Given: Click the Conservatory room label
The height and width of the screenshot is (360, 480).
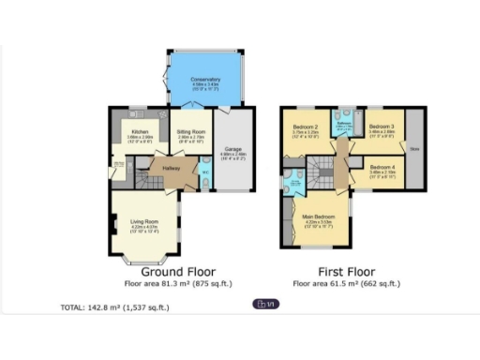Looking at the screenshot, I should point(204,81).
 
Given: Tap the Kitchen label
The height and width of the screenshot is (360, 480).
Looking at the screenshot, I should point(140,132).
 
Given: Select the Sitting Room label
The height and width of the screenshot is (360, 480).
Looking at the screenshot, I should point(190,132).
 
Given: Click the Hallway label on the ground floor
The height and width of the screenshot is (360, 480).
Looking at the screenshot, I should point(171,168).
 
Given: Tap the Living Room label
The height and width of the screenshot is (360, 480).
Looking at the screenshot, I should point(143,221).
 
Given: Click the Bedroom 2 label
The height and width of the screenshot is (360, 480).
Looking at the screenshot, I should point(306,127).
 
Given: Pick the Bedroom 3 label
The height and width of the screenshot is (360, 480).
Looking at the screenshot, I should point(380,127).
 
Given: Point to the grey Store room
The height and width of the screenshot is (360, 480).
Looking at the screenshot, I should point(412,148).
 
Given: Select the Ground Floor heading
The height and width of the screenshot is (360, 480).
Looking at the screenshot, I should point(178,271).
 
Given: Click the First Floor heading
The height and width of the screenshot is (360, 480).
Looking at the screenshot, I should point(337,271).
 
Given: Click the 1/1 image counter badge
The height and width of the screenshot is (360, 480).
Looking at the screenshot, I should point(265,304).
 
